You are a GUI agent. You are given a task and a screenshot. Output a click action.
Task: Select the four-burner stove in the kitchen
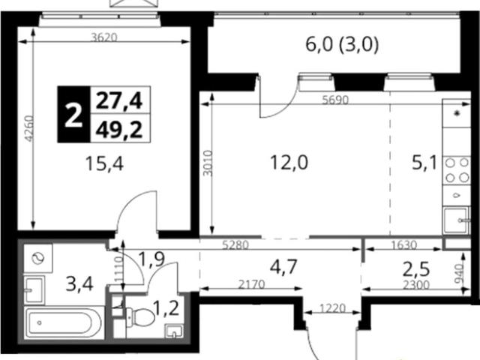pyautogui.click(x=457, y=170)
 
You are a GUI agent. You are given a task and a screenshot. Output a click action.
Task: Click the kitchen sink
pyautogui.click(x=457, y=220)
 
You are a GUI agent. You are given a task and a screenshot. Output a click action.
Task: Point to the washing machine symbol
pyautogui.click(x=38, y=258)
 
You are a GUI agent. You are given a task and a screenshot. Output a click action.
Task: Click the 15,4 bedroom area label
pyautogui.click(x=104, y=163)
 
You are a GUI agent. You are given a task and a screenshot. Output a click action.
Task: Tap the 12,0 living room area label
pyautogui.click(x=289, y=162)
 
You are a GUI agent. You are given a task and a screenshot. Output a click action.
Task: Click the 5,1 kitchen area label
pyautogui.click(x=424, y=163)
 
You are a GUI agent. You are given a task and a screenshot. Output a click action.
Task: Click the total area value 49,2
pyautogui.click(x=119, y=130)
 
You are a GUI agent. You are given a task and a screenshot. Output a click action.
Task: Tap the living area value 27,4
pyautogui.click(x=119, y=100)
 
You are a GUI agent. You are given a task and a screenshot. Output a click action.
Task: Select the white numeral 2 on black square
pyautogui.click(x=73, y=115)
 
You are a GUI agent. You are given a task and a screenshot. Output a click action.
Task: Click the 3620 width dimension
pyautogui.click(x=104, y=37)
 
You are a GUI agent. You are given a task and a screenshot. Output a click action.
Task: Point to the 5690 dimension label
pyautogui.click(x=335, y=100)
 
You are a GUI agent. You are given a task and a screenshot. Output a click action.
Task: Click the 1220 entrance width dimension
pyautogui.click(x=333, y=307)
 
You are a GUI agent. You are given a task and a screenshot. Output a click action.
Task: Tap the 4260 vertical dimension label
pyautogui.click(x=29, y=128)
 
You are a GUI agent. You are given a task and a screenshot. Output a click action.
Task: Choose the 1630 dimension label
pyautogui.click(x=404, y=245)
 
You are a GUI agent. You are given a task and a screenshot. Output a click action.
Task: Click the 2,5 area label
pyautogui.click(x=416, y=269)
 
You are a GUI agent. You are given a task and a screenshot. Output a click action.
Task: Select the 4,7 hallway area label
pyautogui.click(x=283, y=266)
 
